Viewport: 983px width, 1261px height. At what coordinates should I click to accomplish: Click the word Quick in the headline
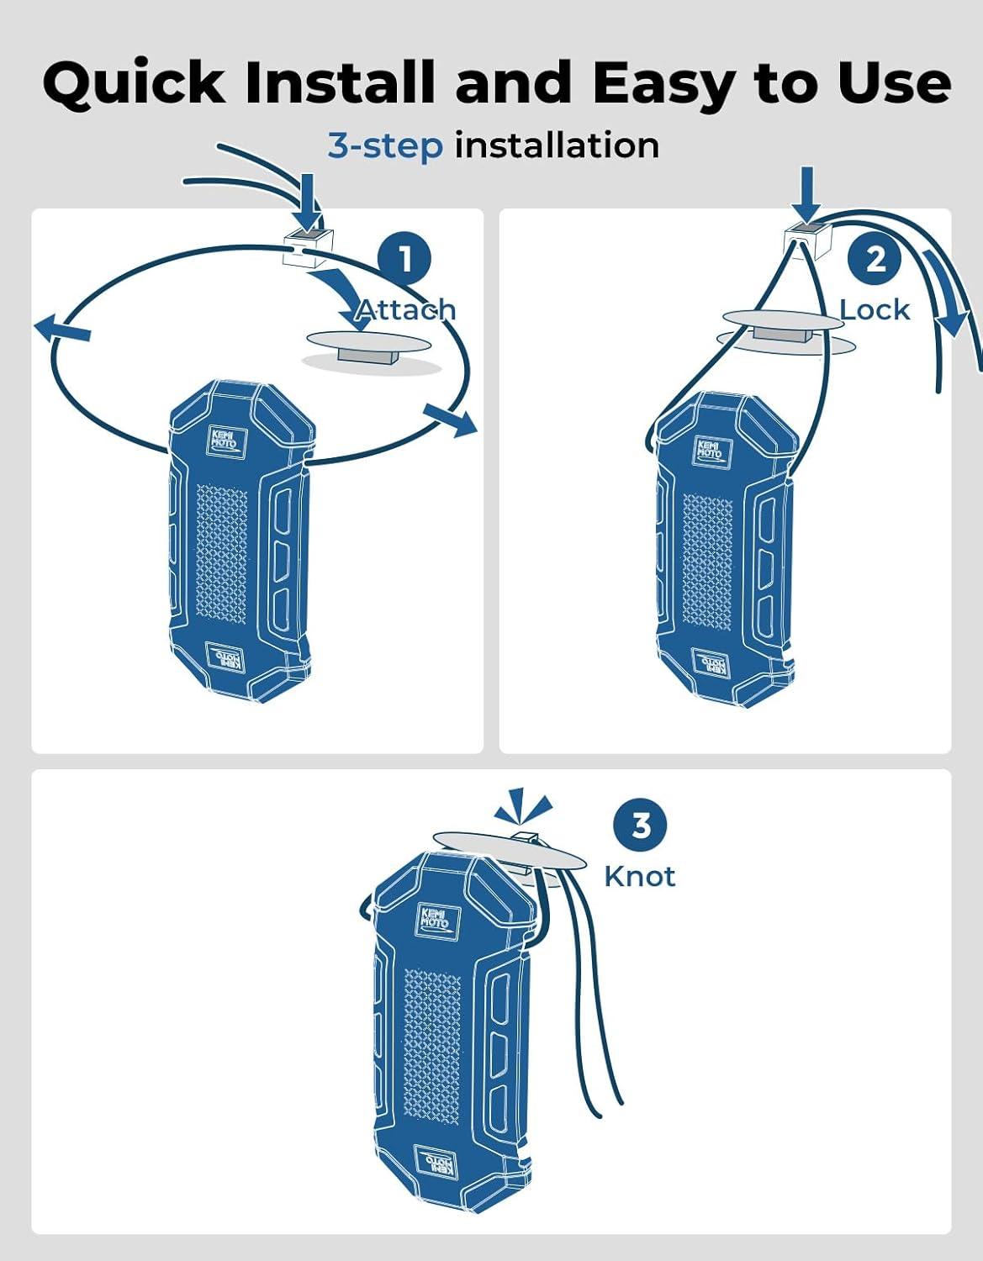tap(134, 83)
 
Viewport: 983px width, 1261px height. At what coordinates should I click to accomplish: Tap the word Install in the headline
tap(341, 83)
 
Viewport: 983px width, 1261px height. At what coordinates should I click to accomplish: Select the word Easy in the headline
tap(663, 83)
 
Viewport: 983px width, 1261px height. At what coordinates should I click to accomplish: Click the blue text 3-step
tap(385, 146)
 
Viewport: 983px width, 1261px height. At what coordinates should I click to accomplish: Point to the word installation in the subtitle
tap(557, 145)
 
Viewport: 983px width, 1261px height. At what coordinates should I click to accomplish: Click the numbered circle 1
tap(405, 260)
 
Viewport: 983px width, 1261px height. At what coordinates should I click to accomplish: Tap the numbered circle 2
tap(875, 259)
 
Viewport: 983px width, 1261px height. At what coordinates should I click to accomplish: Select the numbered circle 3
tap(642, 826)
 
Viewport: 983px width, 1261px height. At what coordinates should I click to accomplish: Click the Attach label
tap(405, 310)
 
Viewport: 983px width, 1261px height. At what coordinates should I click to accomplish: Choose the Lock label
tap(875, 310)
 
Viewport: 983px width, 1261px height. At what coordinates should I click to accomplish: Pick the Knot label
tap(640, 877)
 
